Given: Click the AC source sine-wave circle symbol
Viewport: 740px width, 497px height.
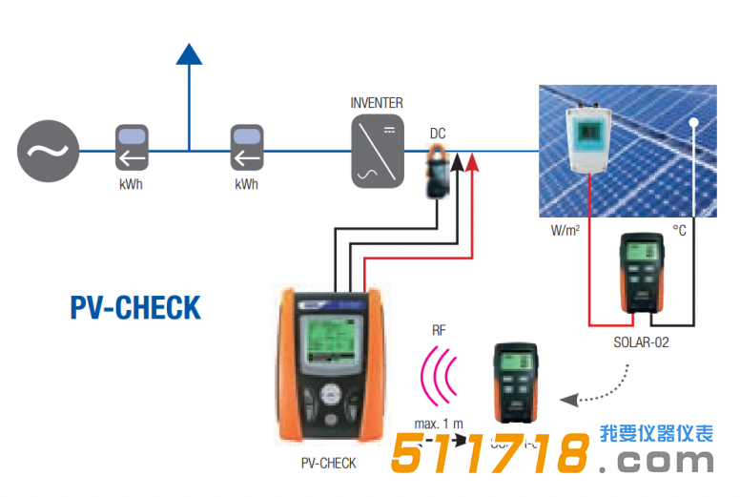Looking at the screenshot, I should (46, 151).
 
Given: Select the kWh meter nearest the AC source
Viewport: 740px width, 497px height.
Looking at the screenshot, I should (131, 149).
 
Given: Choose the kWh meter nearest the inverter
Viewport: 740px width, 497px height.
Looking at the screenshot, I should (246, 149).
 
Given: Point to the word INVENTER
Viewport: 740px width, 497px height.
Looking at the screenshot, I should (377, 103).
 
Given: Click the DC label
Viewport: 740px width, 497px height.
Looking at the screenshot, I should (438, 134).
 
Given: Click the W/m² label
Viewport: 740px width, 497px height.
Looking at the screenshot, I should (567, 230).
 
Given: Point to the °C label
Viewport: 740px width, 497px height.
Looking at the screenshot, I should (679, 230).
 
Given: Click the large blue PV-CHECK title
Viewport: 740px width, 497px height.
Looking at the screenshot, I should (135, 307).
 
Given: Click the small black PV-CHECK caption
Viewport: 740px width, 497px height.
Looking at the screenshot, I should (327, 464).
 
